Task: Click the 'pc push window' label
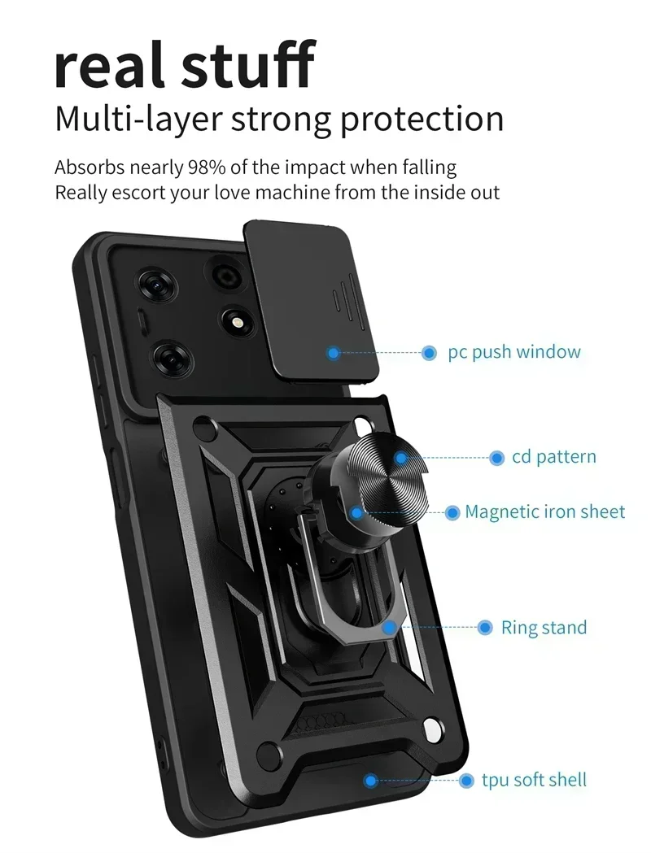tap(514, 352)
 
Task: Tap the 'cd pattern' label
tap(553, 457)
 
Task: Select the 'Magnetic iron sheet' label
tap(544, 512)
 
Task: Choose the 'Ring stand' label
tap(544, 628)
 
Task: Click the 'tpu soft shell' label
tap(534, 780)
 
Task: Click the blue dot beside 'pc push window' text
tap(430, 353)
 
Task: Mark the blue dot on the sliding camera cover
tap(333, 353)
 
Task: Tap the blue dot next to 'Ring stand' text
tap(485, 628)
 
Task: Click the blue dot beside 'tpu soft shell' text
tap(466, 781)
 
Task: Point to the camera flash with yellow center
tap(238, 323)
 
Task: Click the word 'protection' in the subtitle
tap(422, 119)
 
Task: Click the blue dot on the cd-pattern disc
tap(401, 458)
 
